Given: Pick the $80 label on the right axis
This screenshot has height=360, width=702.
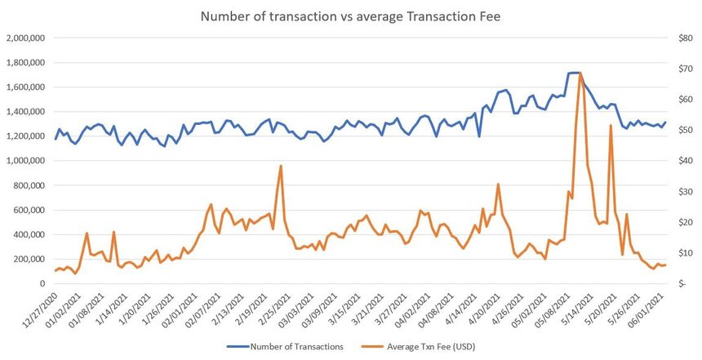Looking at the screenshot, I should pyautogui.click(x=680, y=38).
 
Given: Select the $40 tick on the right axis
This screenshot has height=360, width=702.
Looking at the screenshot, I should pyautogui.click(x=680, y=161).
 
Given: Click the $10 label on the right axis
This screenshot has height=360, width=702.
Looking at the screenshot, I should pyautogui.click(x=680, y=253).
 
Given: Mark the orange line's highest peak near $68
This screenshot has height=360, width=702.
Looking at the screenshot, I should pyautogui.click(x=580, y=73).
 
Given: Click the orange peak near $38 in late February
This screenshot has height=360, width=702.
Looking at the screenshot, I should pyautogui.click(x=281, y=166).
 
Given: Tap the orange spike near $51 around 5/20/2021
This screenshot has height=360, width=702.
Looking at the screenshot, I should pyautogui.click(x=611, y=126).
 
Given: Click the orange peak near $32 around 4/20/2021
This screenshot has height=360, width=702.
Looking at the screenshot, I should pyautogui.click(x=498, y=184).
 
